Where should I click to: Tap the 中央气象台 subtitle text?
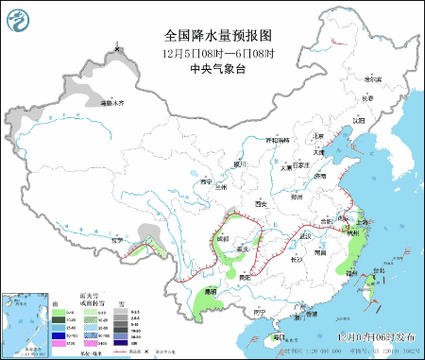pos(216,68)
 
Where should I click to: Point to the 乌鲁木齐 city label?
pos(110,102)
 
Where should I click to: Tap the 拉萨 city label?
pos(117,241)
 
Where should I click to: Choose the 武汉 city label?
pos(305,235)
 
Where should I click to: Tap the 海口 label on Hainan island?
pos(279,336)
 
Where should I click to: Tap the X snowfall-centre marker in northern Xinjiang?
pos(117,48)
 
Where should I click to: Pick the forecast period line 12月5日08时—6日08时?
pos(216,53)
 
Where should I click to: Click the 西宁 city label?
pos(208,181)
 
